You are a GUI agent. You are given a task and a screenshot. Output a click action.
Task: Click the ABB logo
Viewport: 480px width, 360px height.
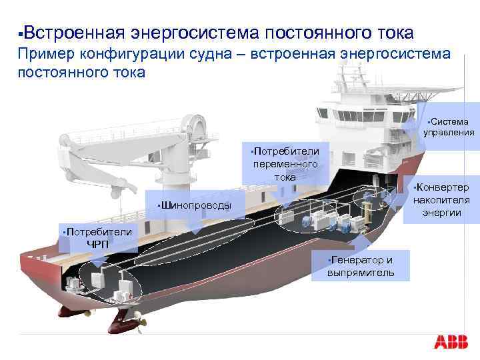point(451,342)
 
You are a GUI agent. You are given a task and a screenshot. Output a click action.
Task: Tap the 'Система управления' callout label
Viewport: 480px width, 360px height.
point(449,127)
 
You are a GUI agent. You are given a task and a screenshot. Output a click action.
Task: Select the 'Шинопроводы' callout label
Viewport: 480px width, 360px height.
point(194,205)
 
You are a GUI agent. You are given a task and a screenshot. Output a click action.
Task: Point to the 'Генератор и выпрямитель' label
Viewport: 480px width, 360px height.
point(361,266)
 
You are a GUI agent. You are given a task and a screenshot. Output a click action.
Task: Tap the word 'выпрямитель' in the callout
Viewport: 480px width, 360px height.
point(361,273)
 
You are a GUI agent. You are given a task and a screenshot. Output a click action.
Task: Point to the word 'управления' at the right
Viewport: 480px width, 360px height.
point(449,132)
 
